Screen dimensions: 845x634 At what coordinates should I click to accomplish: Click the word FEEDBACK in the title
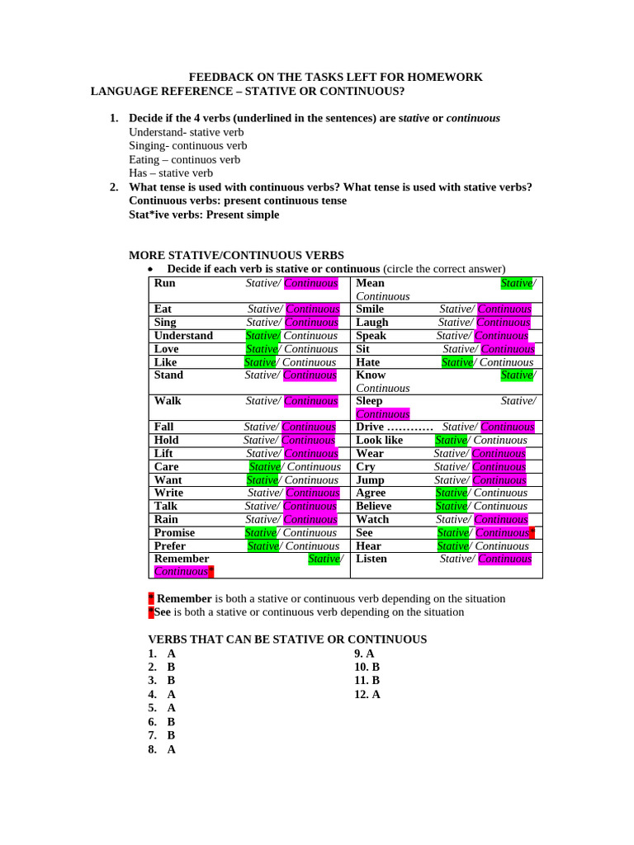[x=220, y=77]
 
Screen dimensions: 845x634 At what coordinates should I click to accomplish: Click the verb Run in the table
[x=165, y=283]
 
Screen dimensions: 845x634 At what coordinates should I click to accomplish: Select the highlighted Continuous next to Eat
[x=312, y=309]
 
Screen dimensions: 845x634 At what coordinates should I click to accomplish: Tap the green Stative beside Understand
[x=262, y=336]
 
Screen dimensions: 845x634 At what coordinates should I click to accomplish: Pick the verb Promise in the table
[x=174, y=532]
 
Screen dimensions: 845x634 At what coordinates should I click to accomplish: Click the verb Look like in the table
[x=379, y=440]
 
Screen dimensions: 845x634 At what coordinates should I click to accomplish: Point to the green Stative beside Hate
[x=457, y=362]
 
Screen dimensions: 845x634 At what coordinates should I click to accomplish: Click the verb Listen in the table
[x=371, y=559]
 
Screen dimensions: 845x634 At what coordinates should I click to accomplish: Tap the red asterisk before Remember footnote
[x=151, y=598]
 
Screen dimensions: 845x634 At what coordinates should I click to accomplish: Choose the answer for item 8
[x=172, y=749]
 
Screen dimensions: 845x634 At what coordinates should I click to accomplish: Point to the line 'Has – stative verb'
[x=171, y=173]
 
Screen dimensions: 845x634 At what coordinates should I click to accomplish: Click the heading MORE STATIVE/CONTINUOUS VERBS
[x=237, y=256]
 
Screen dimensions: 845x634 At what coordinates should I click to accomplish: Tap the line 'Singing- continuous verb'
[x=188, y=145]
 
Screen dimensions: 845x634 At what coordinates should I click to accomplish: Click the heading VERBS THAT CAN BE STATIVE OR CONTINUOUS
[x=287, y=639]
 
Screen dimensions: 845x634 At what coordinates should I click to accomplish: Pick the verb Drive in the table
[x=370, y=427]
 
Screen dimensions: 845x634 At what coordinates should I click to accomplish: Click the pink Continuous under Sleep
[x=382, y=414]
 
